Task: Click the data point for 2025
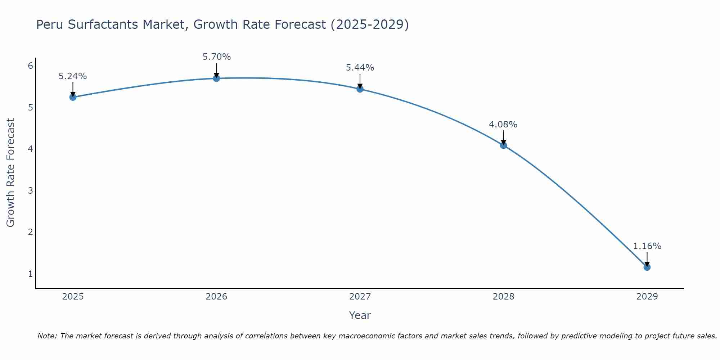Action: click(73, 97)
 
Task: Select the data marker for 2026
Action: click(216, 78)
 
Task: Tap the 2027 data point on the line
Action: click(360, 89)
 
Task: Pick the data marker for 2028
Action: click(503, 145)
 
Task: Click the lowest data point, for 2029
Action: click(647, 267)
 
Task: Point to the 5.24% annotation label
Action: click(73, 76)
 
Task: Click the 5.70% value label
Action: click(216, 57)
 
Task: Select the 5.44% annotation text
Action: click(360, 68)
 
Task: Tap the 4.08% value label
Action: click(503, 125)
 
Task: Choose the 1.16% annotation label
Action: click(647, 246)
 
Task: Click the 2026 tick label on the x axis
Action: click(216, 297)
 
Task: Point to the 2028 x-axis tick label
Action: click(503, 297)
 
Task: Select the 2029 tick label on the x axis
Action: click(647, 297)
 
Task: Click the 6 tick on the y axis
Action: click(30, 66)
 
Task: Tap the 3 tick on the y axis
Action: click(30, 190)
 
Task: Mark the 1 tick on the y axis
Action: click(30, 274)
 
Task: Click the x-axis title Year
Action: click(360, 315)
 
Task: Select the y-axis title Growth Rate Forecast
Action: click(11, 173)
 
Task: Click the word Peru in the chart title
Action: click(50, 25)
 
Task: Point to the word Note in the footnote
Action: click(47, 336)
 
